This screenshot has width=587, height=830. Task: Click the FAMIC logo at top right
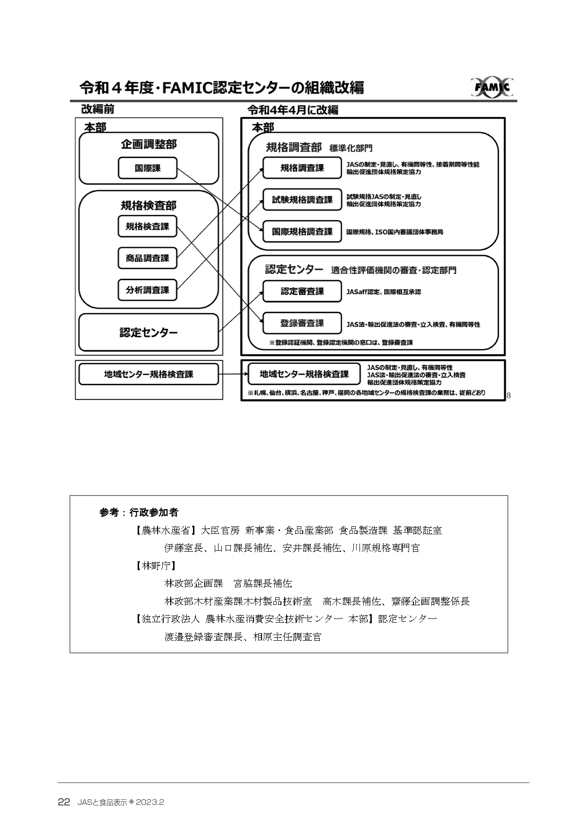click(492, 88)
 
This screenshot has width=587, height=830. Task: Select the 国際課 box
click(147, 168)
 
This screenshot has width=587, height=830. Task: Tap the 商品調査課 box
click(147, 258)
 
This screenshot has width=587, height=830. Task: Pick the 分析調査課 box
click(147, 290)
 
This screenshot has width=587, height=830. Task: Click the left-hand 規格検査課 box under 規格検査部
click(147, 227)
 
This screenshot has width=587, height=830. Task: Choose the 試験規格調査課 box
click(302, 200)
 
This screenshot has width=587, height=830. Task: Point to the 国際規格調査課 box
click(302, 232)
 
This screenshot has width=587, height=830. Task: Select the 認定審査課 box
click(302, 291)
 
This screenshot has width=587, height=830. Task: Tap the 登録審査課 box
click(302, 324)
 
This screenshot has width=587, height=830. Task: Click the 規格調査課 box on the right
click(302, 168)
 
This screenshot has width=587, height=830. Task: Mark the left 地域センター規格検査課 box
click(149, 374)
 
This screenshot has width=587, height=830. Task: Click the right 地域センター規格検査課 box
click(304, 374)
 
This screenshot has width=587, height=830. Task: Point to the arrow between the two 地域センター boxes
click(233, 374)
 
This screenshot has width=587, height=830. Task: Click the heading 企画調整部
click(149, 144)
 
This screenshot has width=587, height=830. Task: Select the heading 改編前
click(97, 109)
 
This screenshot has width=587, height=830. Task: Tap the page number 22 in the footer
click(64, 802)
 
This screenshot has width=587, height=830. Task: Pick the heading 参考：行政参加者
click(139, 512)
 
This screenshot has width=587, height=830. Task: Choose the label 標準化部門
click(350, 148)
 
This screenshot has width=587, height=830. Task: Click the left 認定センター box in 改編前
click(149, 332)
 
